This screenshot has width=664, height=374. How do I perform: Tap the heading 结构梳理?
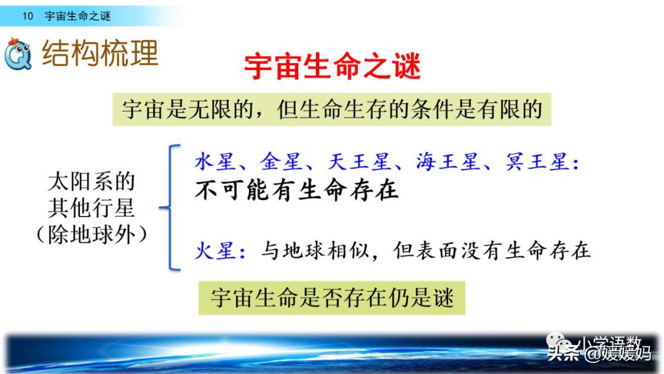click(100, 54)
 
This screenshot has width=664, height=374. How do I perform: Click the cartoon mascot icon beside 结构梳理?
click(18, 54)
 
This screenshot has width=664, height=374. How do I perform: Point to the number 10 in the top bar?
click(28, 17)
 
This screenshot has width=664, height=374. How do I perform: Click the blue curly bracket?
click(170, 208)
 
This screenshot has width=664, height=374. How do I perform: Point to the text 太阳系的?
click(91, 182)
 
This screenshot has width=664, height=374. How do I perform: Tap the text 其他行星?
click(91, 209)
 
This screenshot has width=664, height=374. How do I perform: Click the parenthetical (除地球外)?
click(91, 235)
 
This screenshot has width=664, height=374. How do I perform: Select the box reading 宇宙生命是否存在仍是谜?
click(332, 298)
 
